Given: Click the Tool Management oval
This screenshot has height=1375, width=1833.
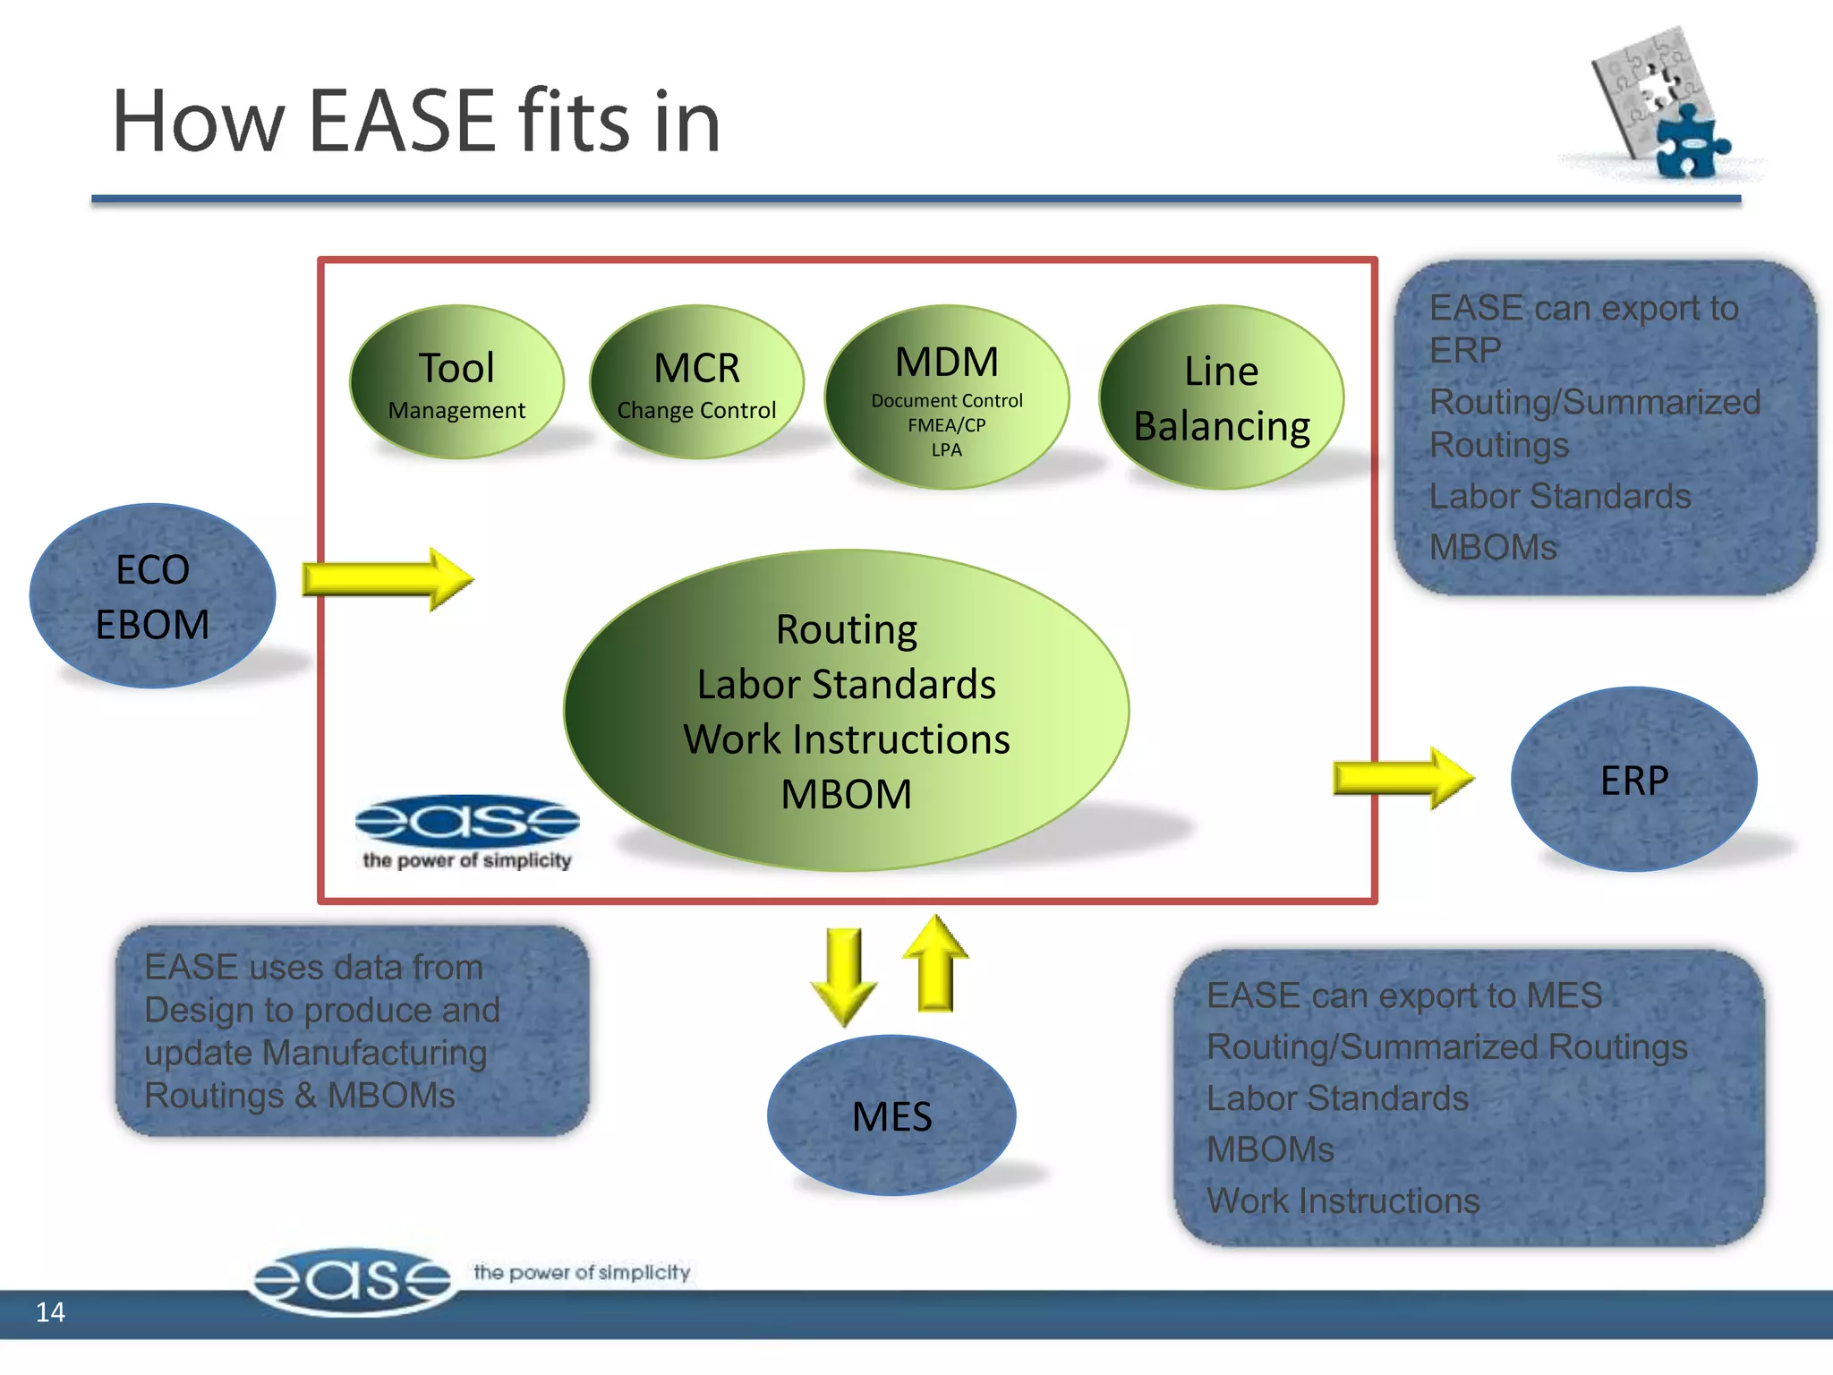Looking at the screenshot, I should (x=456, y=383).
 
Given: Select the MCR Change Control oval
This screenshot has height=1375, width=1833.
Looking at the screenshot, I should (x=696, y=383).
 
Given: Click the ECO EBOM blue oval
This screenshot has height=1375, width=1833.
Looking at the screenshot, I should (x=152, y=596).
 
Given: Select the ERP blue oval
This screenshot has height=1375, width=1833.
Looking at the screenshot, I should (x=1633, y=779).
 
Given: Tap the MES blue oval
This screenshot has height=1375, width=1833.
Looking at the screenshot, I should (x=891, y=1115).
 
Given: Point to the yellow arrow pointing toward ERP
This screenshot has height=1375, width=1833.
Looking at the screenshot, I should (x=1402, y=778).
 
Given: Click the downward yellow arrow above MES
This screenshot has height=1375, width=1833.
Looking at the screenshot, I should (x=844, y=976).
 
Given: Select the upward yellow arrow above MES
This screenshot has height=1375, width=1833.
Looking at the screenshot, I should (x=935, y=965).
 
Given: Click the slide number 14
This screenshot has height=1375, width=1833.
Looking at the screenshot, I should (x=50, y=1312).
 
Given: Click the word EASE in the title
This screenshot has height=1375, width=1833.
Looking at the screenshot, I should (x=402, y=122).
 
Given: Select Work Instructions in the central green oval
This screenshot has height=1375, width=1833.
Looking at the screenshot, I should (x=846, y=739).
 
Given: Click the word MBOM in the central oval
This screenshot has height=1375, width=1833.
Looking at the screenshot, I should (x=846, y=794).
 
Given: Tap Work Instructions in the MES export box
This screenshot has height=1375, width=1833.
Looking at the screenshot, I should (x=1343, y=1200).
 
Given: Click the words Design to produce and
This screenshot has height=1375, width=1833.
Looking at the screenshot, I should (x=322, y=1010).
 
